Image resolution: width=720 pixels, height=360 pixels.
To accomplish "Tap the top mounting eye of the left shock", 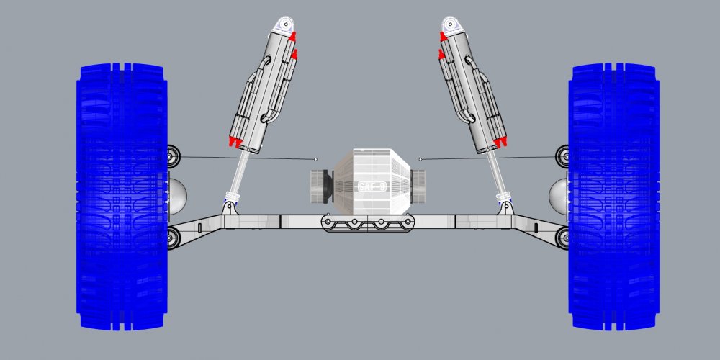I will pos(285,26).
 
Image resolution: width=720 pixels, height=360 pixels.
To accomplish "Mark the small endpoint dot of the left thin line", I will pos(315,158).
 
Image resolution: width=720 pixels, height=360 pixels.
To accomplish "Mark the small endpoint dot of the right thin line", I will pos(420,158).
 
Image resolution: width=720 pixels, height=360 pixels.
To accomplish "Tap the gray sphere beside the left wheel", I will pos(176,192).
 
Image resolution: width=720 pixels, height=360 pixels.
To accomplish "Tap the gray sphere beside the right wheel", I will pos(559,192).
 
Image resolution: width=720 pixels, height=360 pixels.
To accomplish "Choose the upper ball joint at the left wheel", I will pos(173,156).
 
